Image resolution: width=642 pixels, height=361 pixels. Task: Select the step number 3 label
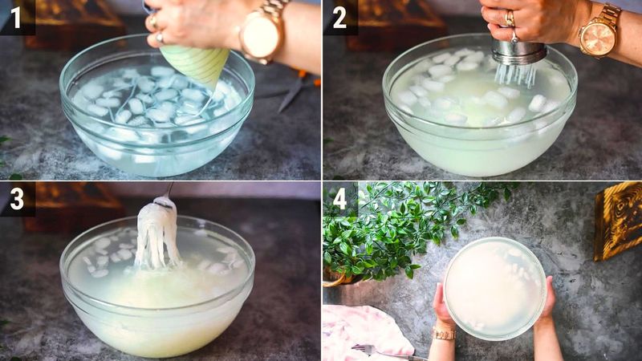pyautogui.click(x=16, y=198)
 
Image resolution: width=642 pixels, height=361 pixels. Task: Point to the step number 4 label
pyautogui.click(x=339, y=198)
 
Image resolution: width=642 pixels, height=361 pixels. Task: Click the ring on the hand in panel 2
pyautogui.click(x=510, y=16)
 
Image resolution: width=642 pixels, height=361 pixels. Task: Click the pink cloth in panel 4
pyautogui.click(x=361, y=329)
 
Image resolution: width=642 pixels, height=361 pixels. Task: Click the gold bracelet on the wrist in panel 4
pyautogui.click(x=443, y=332)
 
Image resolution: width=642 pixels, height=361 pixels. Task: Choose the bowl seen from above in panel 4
pyautogui.click(x=494, y=287)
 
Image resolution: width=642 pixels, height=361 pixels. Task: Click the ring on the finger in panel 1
pyautogui.click(x=152, y=22)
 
